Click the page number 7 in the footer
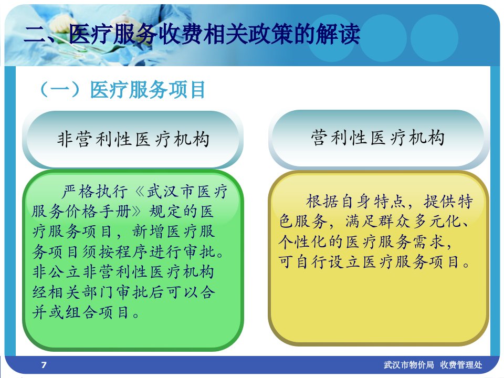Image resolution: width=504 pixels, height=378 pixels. click(44, 365)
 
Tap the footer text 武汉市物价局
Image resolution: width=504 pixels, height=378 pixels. click(408, 365)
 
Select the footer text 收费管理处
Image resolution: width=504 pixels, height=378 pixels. click(461, 365)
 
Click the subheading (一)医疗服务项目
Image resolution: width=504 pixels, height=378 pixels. click(122, 89)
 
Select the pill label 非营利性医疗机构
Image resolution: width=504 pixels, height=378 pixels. click(133, 140)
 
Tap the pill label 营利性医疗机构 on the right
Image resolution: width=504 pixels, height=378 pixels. click(378, 138)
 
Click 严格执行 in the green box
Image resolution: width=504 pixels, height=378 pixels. click(94, 192)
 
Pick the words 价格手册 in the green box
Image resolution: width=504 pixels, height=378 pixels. click(99, 212)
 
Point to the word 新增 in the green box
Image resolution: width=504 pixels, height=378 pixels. click(149, 232)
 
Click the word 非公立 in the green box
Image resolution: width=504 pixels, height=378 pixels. click(57, 272)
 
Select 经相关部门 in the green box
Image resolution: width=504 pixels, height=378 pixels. click(73, 292)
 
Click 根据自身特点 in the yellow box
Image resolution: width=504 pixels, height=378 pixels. click(355, 201)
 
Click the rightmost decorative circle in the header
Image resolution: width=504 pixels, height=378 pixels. click(435, 38)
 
